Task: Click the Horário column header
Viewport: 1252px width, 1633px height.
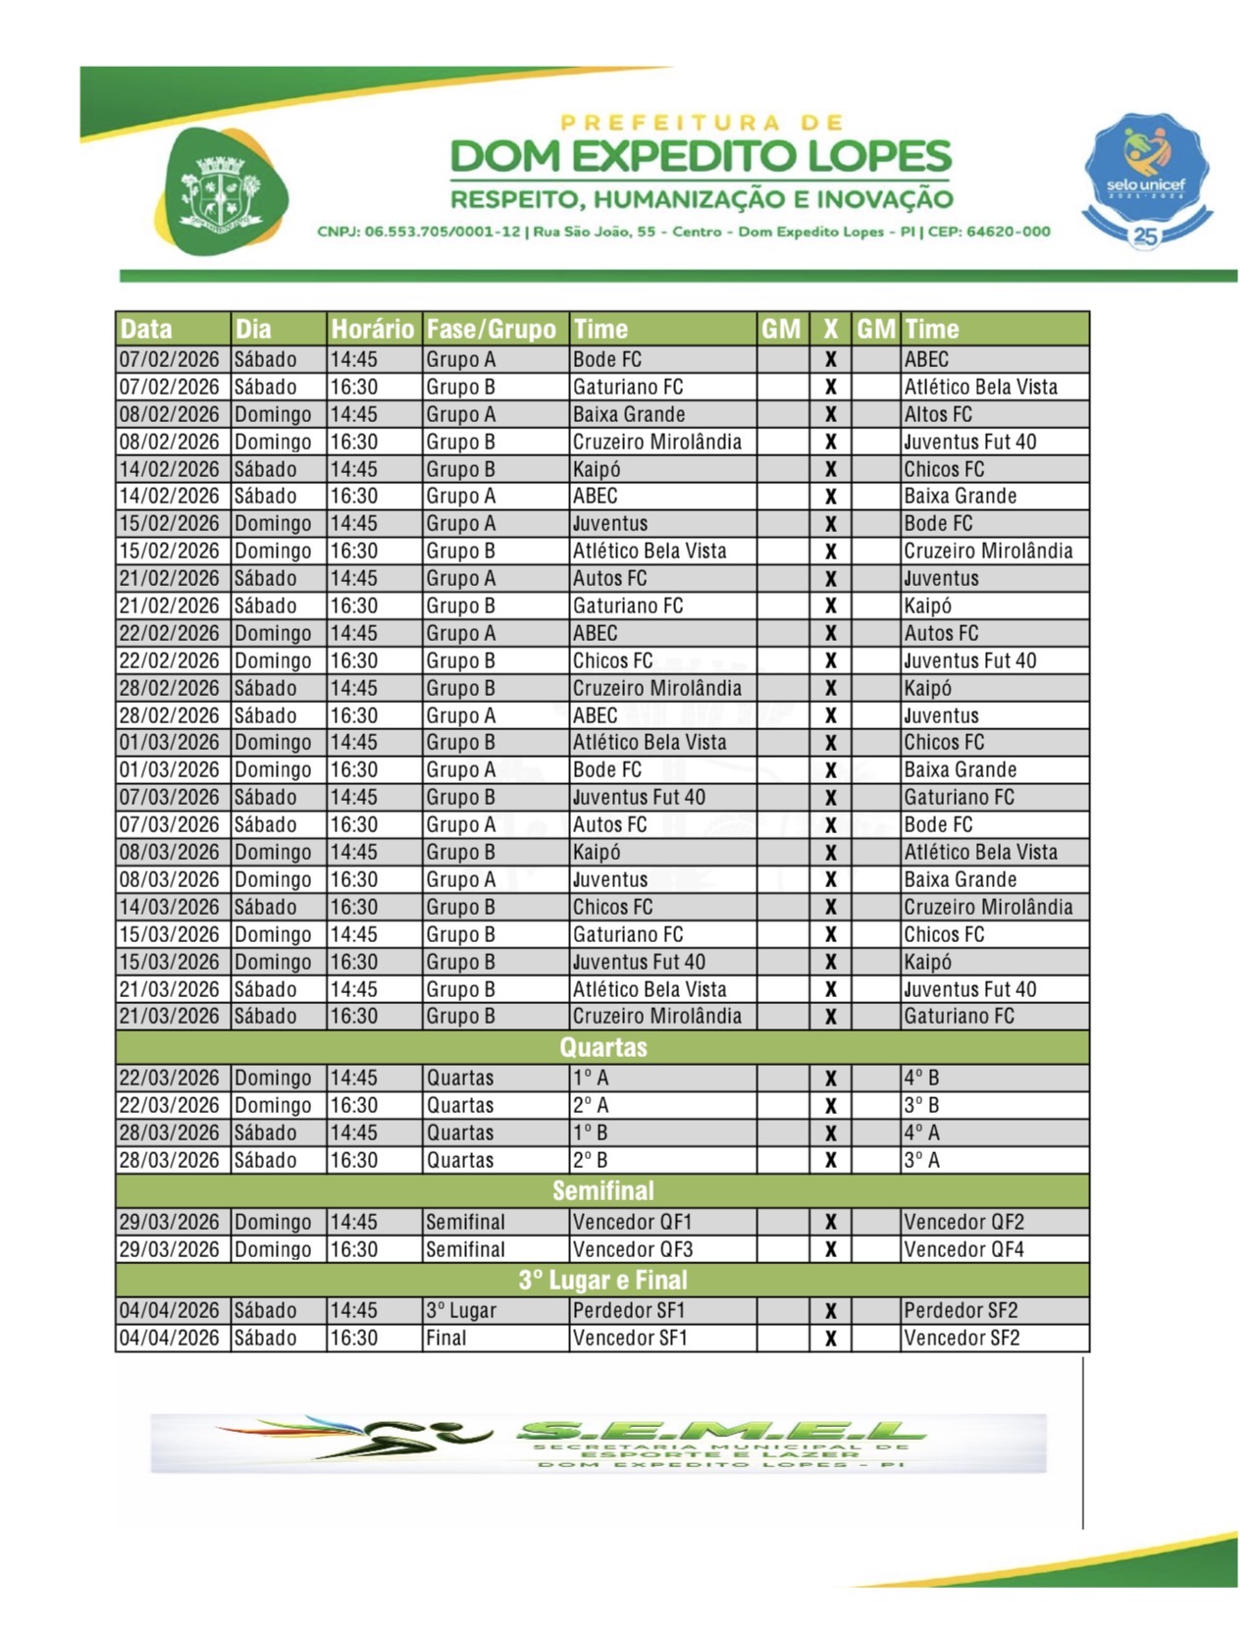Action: [x=372, y=329]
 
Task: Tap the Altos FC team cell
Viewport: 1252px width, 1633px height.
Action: [x=938, y=414]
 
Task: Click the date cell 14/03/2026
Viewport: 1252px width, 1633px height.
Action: [x=169, y=907]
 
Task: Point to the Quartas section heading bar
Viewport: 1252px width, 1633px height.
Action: [x=602, y=1047]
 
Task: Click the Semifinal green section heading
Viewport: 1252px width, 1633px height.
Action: [x=602, y=1190]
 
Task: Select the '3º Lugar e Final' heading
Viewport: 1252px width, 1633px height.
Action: [x=602, y=1280]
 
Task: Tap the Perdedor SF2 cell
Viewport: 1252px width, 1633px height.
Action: [x=961, y=1310]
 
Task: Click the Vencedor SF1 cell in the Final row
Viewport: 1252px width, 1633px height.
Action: [x=630, y=1338]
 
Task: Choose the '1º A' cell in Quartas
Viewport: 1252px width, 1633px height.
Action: [x=591, y=1078]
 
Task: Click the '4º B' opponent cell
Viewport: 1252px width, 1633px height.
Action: [x=921, y=1078]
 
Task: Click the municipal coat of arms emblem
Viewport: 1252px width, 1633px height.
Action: [x=221, y=191]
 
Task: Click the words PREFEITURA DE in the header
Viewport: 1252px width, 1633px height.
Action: [x=701, y=123]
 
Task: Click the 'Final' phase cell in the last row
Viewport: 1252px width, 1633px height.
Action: [x=445, y=1338]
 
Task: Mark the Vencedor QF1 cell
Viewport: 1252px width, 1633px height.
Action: [x=632, y=1222]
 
